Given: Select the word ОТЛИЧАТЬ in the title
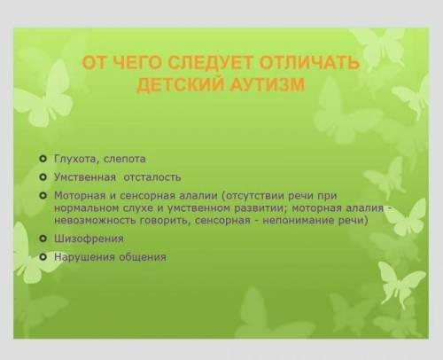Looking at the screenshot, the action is pos(310,63).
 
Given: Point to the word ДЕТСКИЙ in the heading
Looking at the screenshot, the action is pos(179,84).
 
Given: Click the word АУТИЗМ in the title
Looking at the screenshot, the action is pos(267,84).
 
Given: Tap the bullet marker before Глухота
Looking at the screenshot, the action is pos(43,159).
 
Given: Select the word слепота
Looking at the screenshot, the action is pos(124,160).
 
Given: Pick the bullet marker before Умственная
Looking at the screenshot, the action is pos(43,177).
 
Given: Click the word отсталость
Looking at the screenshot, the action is pos(152,177).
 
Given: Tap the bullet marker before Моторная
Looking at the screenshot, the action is pos(43,195).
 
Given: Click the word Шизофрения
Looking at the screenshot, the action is pos(89,239).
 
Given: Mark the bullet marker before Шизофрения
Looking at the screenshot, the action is pos(43,239).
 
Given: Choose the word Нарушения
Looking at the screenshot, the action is pos(84,257).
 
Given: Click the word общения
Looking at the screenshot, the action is pos(143,257).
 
